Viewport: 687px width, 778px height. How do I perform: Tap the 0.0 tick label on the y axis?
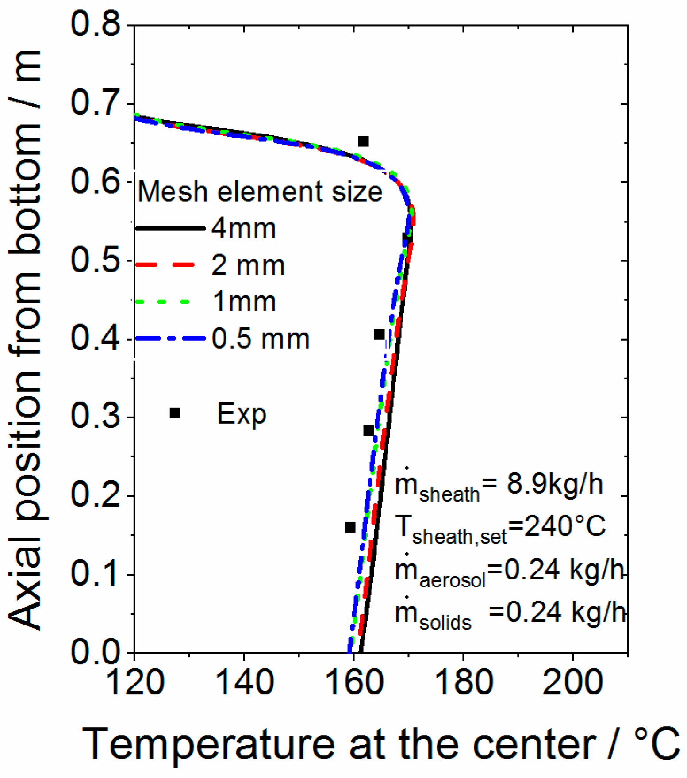coord(96,652)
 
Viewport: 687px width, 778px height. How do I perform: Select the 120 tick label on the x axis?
coord(135,682)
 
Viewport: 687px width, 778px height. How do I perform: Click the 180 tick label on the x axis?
coord(463,682)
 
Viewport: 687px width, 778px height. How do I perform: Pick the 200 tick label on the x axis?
coord(573,682)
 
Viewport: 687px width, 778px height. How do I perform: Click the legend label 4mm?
coord(244,229)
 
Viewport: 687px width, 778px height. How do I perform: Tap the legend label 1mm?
coord(244,302)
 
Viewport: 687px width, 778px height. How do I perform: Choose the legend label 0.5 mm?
coord(261,339)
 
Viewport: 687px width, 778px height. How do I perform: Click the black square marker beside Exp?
coord(175,413)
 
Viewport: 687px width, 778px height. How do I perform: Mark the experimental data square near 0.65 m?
coord(363,142)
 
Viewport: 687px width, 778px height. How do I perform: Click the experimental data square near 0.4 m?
coord(379,334)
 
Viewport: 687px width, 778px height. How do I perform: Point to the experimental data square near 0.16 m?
coord(350,527)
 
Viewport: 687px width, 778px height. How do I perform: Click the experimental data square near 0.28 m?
coord(368,431)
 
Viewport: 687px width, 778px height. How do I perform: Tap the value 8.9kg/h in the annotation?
coord(555,484)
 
